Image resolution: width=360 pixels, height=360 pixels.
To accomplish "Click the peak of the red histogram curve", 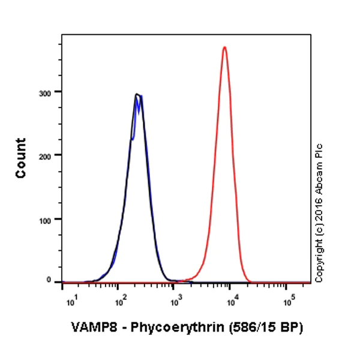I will [224, 47].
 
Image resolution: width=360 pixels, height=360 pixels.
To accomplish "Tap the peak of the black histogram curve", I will [137, 94].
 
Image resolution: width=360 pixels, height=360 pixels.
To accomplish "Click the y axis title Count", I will [21, 158].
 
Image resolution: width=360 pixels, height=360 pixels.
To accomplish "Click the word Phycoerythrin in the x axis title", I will [159, 328].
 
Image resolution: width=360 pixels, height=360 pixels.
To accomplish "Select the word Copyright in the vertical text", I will [319, 254].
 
